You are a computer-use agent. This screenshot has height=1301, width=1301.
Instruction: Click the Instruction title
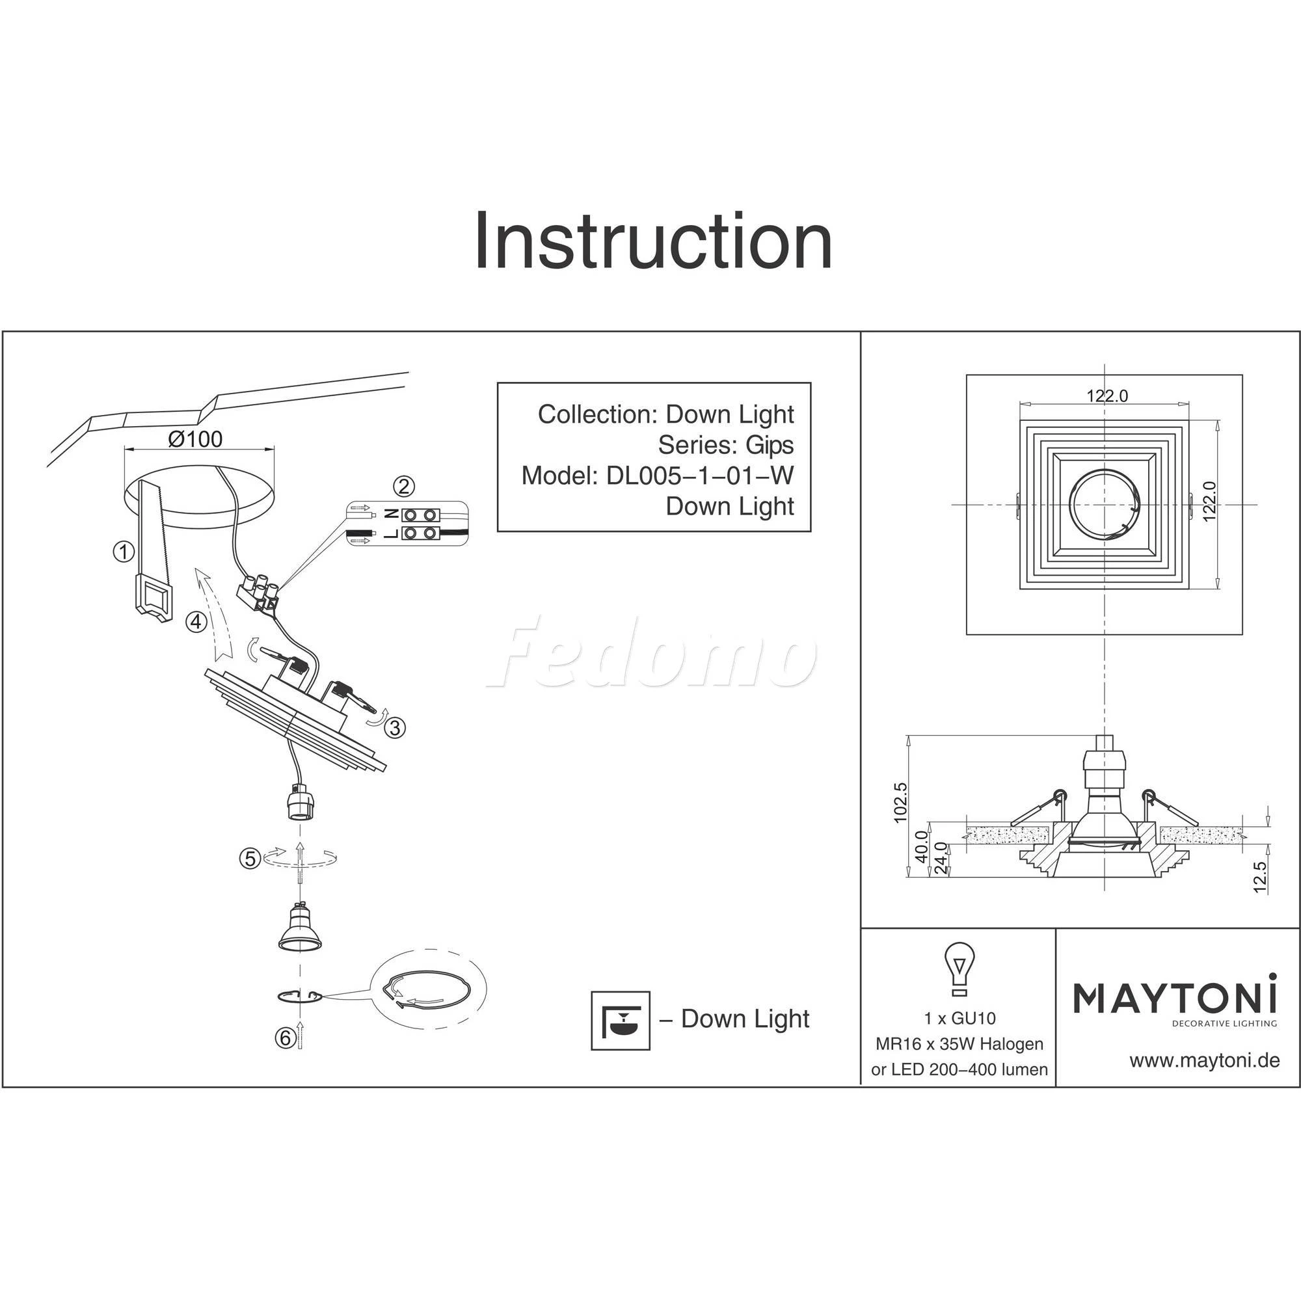(x=653, y=242)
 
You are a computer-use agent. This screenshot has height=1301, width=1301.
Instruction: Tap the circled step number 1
(x=123, y=552)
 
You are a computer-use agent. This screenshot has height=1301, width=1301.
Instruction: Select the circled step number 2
(x=403, y=485)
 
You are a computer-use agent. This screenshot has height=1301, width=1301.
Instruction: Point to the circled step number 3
(x=396, y=728)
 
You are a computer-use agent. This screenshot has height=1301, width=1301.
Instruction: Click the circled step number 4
(x=196, y=621)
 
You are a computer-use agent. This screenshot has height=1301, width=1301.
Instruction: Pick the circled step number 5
(x=250, y=859)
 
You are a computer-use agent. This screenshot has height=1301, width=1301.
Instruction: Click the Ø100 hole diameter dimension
(x=195, y=440)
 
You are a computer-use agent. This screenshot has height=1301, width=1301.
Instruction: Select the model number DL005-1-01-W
(x=700, y=476)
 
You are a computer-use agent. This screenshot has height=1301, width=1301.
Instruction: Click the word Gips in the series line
(x=769, y=445)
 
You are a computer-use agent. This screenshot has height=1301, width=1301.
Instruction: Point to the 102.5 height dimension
(x=900, y=803)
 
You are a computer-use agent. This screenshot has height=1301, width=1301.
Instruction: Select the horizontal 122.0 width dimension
(x=1107, y=396)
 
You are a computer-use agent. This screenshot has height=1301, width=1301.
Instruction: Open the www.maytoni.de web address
(x=1204, y=1061)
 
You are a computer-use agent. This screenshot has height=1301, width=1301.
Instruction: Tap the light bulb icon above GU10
(x=959, y=971)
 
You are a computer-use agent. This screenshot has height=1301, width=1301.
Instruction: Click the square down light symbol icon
(x=620, y=1021)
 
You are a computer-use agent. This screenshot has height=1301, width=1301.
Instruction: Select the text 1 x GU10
(x=959, y=1019)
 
